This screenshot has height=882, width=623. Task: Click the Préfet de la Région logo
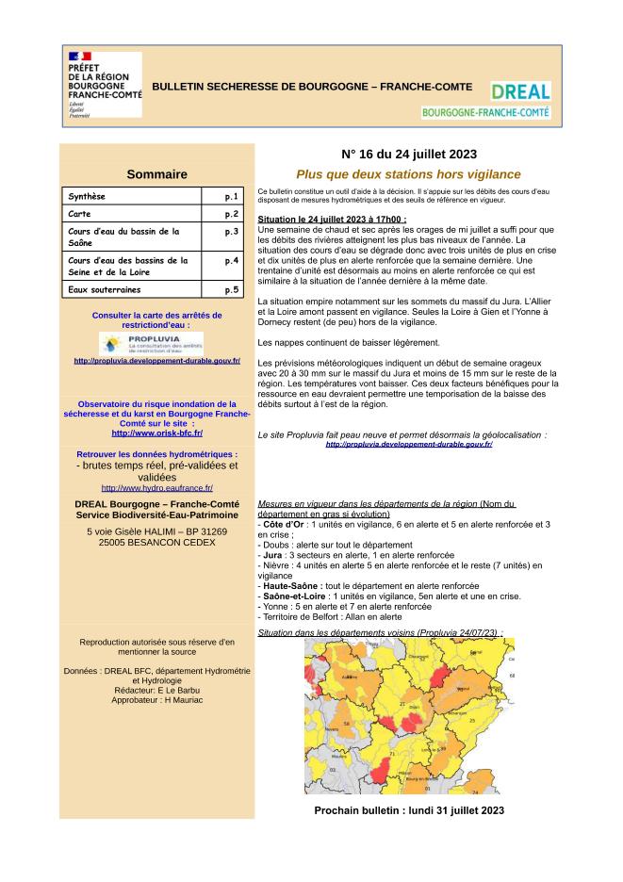105,84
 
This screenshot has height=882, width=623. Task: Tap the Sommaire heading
156,173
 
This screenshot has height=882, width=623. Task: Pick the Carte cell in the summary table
132,215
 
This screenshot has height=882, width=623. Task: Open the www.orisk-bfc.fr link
156,433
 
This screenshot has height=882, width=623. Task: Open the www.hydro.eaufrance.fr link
156,488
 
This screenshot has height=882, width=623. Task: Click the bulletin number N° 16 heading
408,155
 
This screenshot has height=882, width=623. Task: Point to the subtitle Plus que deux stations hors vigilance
408,174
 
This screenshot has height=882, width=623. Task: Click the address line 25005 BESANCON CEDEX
156,543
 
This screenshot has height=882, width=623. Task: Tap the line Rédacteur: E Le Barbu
156,690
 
